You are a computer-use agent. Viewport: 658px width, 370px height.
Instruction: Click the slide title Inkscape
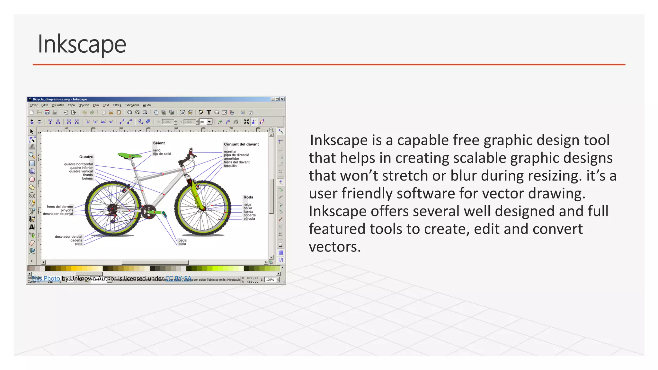(x=82, y=44)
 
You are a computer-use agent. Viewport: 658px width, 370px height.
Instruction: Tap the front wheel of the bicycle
(x=203, y=208)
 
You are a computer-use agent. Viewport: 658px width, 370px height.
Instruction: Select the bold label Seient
(x=159, y=143)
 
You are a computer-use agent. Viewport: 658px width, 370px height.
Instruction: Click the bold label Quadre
(x=86, y=157)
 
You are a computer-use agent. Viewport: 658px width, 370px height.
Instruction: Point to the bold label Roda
(x=248, y=197)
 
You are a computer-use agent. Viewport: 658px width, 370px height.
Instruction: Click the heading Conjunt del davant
(x=241, y=144)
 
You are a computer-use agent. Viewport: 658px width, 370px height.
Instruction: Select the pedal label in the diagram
(x=183, y=240)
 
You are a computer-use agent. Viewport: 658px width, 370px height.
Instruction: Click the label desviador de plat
(x=68, y=237)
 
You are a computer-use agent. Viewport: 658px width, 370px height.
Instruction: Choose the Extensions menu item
(x=132, y=105)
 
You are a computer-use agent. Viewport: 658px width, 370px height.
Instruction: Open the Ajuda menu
(x=147, y=105)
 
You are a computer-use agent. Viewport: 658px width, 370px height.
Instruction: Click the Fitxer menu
(x=34, y=105)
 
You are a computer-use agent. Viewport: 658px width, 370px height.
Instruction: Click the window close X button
(x=282, y=99)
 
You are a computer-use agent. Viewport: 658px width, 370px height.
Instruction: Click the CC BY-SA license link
(x=178, y=278)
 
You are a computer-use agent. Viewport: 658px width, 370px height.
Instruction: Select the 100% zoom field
(x=270, y=280)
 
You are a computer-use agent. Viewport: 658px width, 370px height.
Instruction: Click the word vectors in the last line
(x=334, y=247)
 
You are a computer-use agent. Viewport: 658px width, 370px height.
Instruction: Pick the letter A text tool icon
(x=32, y=227)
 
